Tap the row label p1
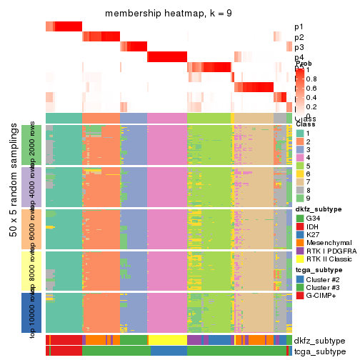click(x=299, y=27)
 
